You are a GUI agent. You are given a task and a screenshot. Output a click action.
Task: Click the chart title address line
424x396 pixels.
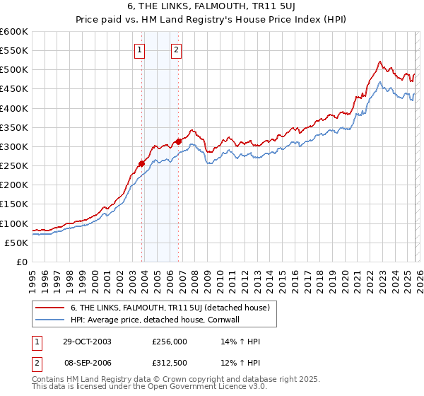tap(211, 8)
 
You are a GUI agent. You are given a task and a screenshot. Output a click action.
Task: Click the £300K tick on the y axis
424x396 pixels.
tap(14, 146)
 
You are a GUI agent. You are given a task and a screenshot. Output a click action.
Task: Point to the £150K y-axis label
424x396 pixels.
tap(14, 204)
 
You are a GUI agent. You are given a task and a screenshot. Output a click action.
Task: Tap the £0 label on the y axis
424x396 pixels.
tap(23, 262)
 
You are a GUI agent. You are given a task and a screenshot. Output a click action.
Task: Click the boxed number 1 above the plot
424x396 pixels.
tap(140, 49)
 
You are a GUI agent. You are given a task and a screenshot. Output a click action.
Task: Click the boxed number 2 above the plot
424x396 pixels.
tap(176, 49)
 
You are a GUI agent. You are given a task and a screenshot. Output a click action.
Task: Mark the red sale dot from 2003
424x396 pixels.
tap(142, 163)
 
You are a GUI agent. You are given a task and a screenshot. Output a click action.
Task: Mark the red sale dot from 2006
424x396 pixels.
tap(178, 141)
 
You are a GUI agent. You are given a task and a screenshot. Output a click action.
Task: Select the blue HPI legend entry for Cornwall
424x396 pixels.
tap(155, 319)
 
